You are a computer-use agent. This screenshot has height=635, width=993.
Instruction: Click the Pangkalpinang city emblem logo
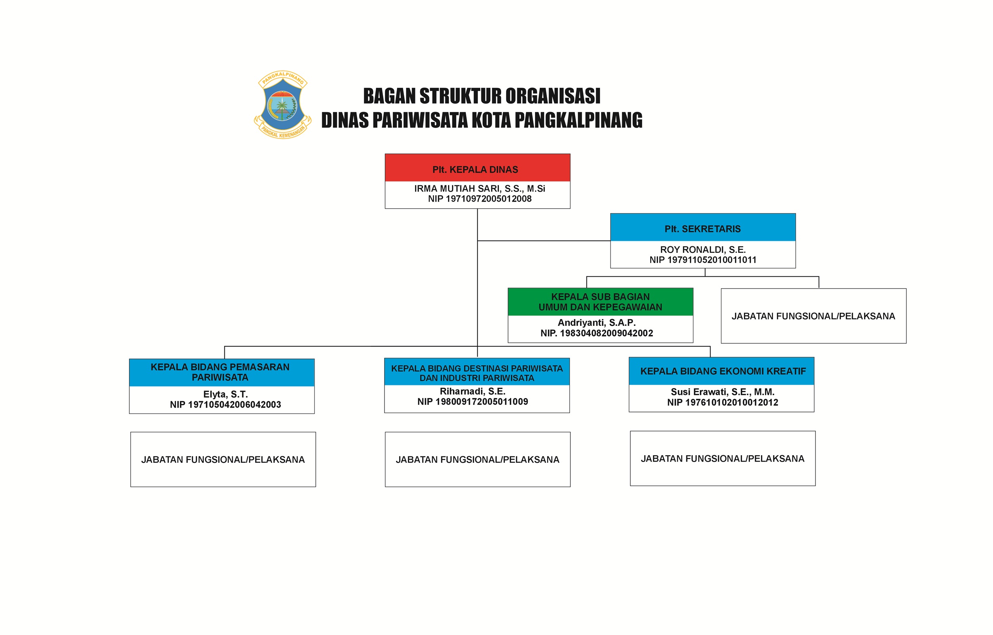click(x=282, y=105)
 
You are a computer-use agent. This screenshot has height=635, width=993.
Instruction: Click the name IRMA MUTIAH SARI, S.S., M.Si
click(x=479, y=189)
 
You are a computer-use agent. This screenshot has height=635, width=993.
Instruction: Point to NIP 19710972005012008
click(x=479, y=199)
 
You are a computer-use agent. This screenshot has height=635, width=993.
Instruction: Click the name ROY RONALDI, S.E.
click(x=703, y=250)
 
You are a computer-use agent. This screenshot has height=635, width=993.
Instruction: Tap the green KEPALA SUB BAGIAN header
click(x=600, y=302)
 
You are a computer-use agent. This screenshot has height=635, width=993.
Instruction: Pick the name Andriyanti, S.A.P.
click(x=597, y=322)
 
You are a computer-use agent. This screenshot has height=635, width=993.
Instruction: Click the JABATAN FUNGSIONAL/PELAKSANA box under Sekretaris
click(x=813, y=316)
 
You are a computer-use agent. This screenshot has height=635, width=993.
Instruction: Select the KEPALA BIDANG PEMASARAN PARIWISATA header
click(x=222, y=372)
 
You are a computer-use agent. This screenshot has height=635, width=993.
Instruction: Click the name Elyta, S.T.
click(x=225, y=394)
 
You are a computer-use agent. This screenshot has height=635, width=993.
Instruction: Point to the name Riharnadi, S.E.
click(x=472, y=391)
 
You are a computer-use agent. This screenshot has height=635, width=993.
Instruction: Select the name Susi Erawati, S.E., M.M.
click(x=723, y=392)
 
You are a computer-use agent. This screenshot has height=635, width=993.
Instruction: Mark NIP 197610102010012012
click(x=723, y=402)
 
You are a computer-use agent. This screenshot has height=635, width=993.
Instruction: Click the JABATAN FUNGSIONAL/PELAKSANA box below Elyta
click(x=223, y=459)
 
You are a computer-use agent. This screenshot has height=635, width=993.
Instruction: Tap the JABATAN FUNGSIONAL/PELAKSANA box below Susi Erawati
click(x=723, y=458)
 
